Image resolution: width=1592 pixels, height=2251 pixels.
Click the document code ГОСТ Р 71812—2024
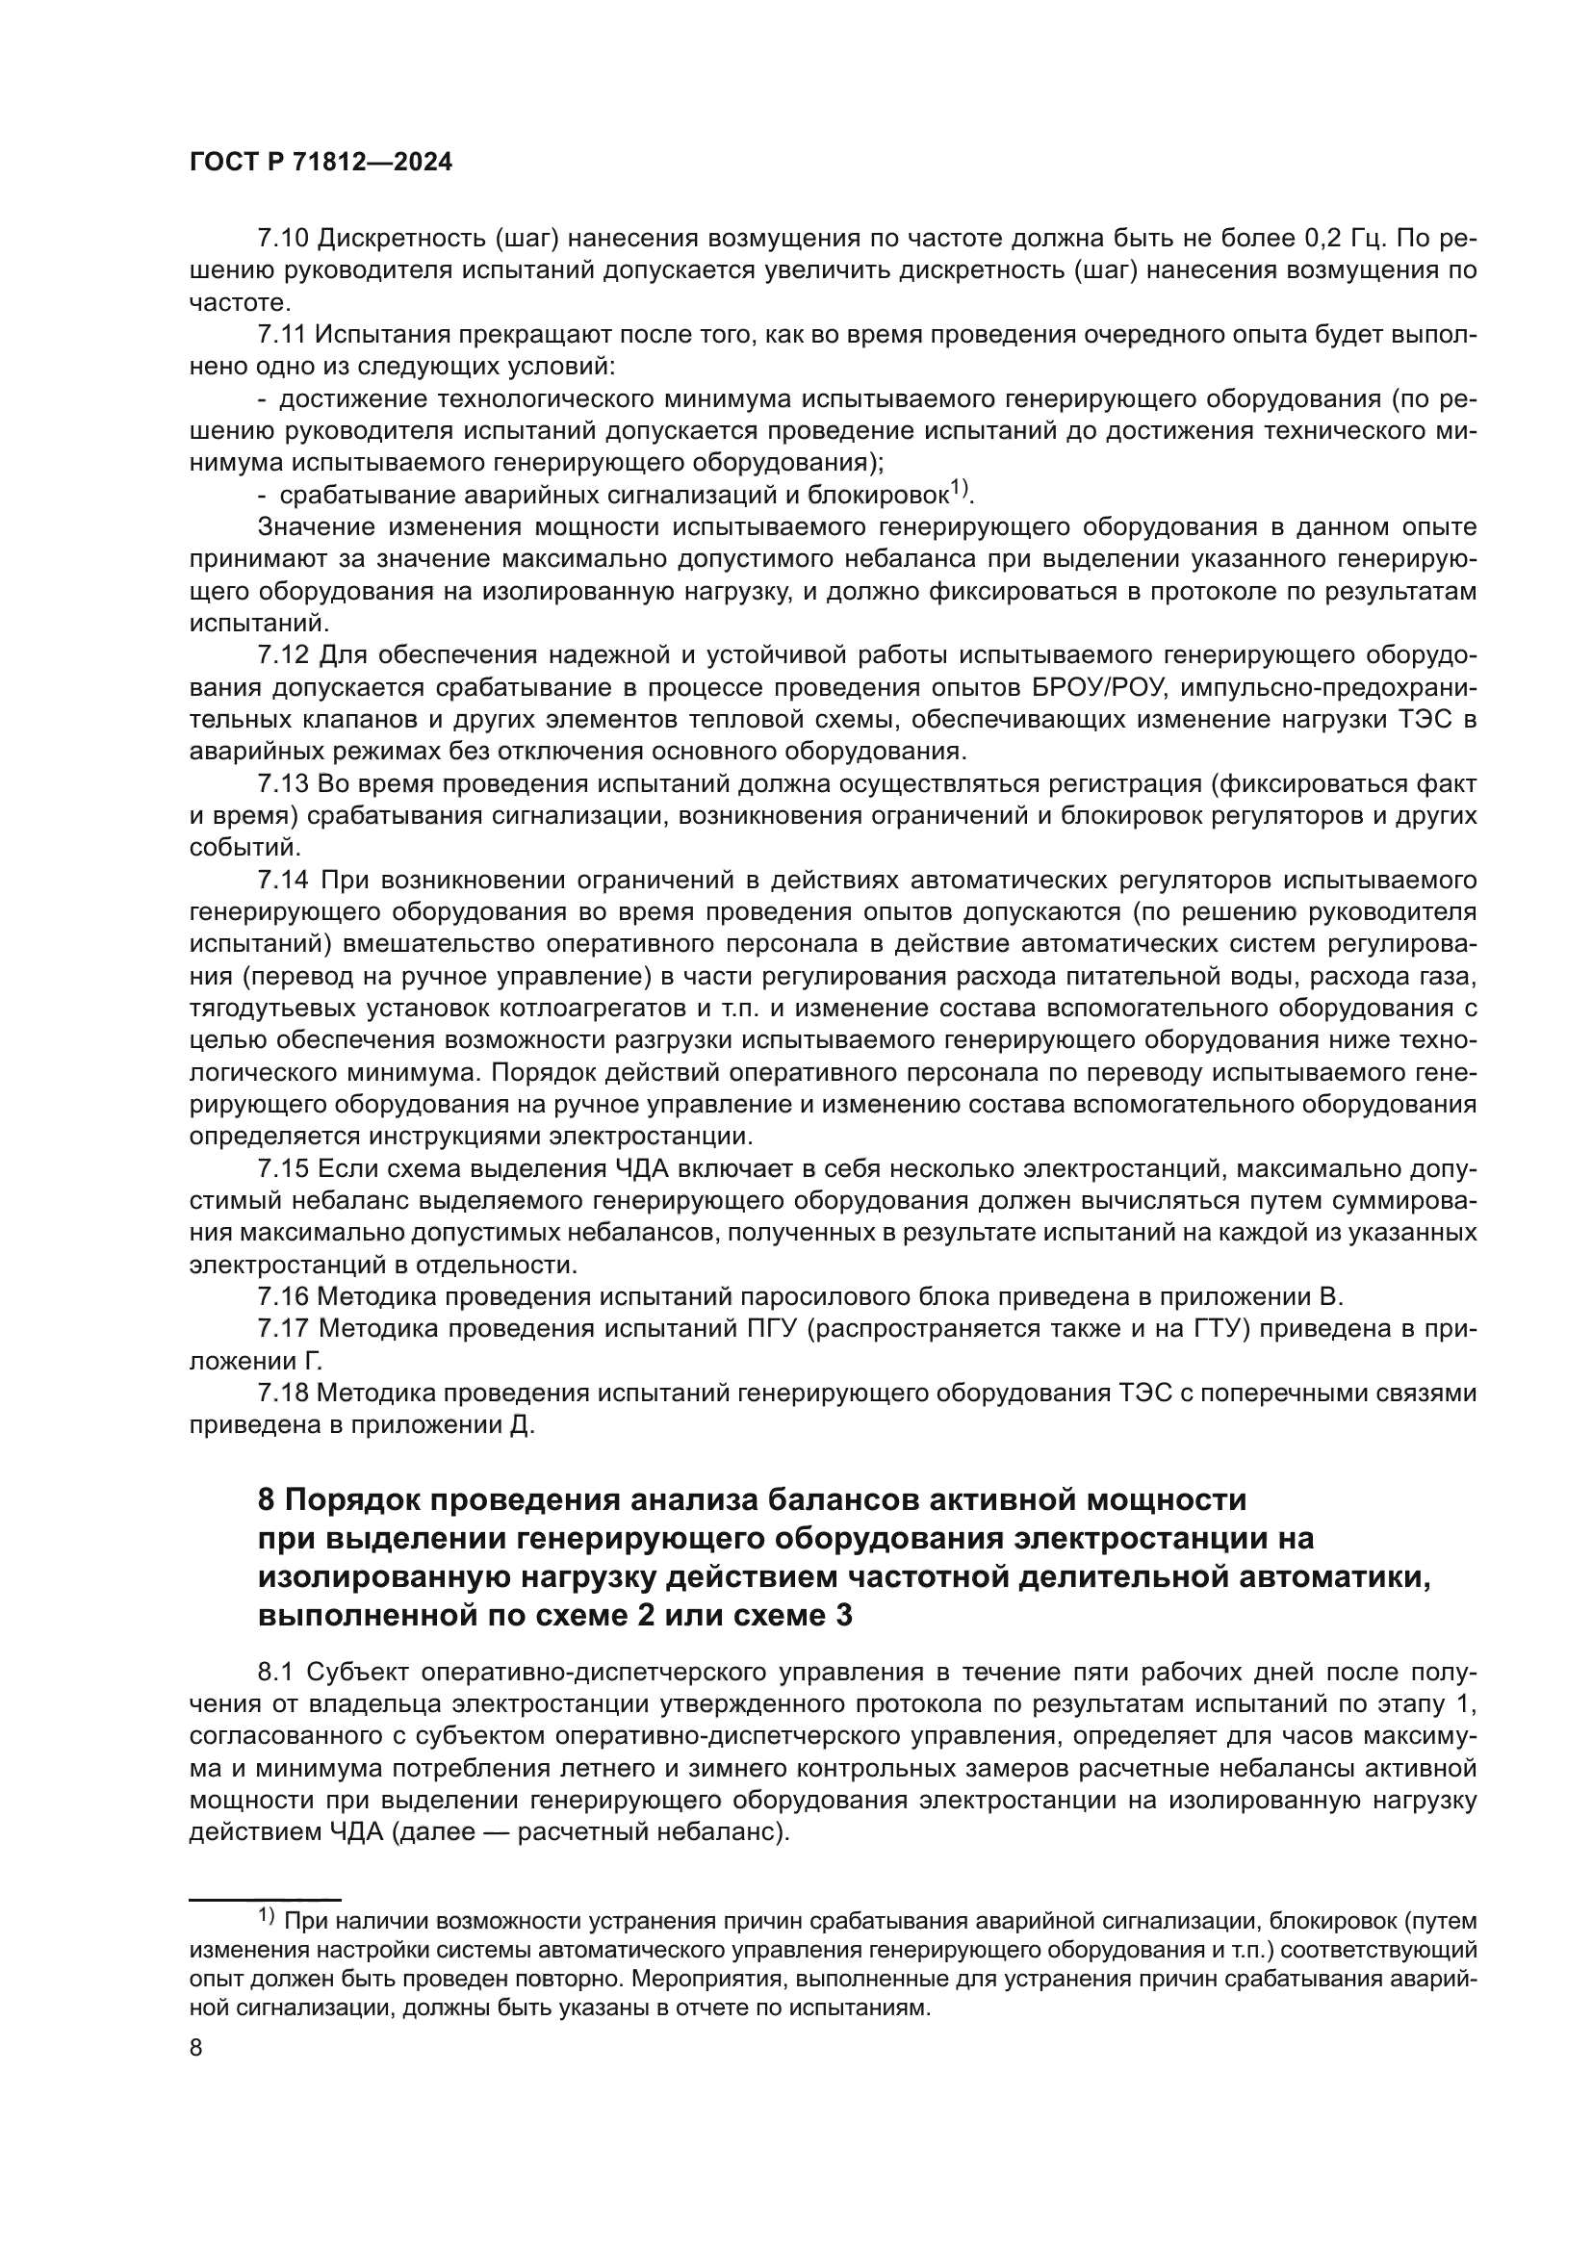(x=321, y=163)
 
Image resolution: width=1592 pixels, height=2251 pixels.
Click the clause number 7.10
(x=282, y=239)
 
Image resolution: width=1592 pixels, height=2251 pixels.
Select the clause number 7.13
(x=282, y=783)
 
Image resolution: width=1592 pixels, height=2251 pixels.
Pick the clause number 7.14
(x=282, y=880)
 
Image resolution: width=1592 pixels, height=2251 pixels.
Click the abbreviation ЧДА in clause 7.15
(x=648, y=1168)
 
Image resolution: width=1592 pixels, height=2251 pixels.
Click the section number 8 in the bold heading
(x=266, y=1501)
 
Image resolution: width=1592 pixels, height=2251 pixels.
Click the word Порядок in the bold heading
(x=350, y=1501)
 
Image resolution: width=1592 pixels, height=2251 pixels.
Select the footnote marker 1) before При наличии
(x=267, y=1914)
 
